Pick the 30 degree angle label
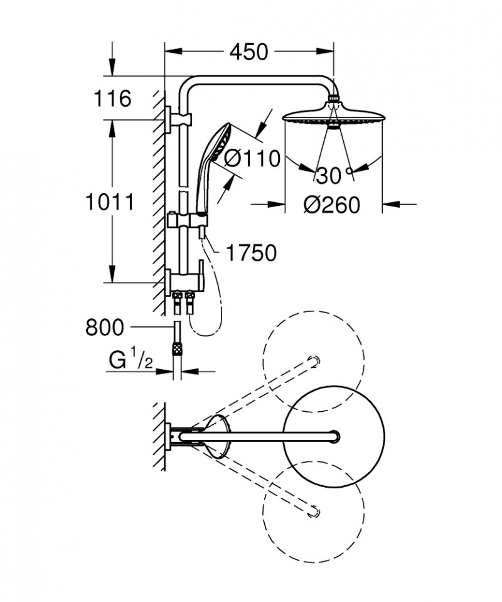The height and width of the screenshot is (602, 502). coord(329,176)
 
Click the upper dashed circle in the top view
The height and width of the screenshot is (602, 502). coord(313,362)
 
